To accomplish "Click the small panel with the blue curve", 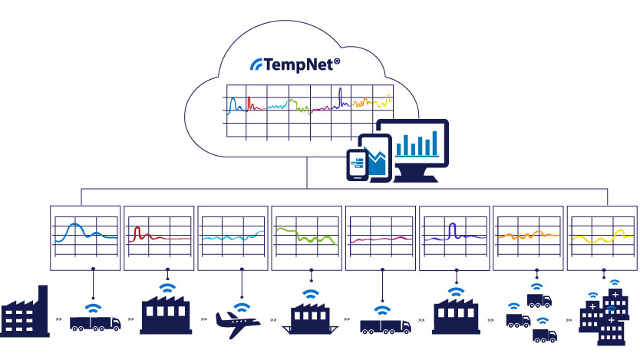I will [85, 237].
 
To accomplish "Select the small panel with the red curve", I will [160, 237].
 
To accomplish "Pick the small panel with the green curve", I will [308, 237].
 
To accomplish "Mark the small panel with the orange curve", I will [529, 237].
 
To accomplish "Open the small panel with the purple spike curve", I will [455, 237].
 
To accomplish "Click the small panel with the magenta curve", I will [381, 237].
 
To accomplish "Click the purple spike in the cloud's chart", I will [340, 96].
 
